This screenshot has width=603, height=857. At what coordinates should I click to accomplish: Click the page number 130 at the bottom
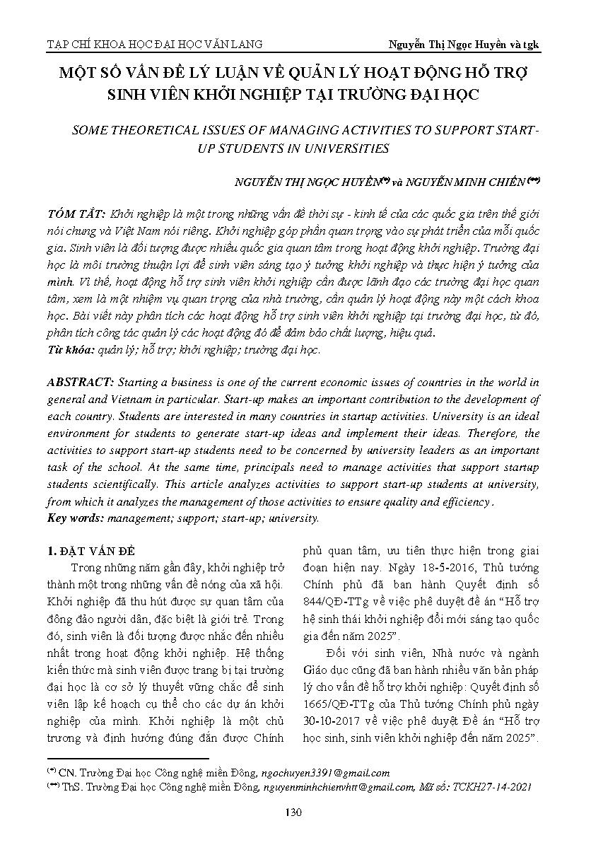point(293,812)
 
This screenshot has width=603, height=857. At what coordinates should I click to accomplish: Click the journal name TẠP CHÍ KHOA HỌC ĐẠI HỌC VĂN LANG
point(154,44)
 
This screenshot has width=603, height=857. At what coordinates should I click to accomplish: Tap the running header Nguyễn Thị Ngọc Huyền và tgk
point(464,44)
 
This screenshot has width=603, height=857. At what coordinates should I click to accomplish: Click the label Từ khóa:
point(71,349)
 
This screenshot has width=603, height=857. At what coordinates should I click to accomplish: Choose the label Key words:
point(75,518)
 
